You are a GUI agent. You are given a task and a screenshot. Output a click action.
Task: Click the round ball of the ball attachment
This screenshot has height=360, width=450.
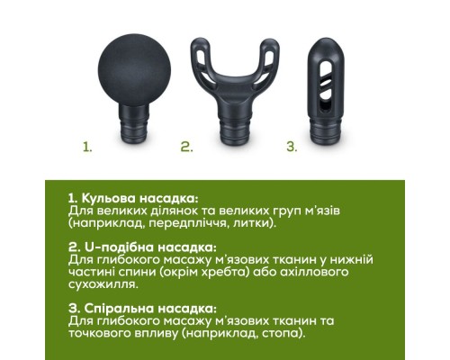click(134, 70)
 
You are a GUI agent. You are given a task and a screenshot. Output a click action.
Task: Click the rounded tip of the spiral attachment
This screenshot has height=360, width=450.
click(326, 48)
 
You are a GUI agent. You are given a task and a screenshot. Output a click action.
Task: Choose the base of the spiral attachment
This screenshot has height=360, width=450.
click(326, 132)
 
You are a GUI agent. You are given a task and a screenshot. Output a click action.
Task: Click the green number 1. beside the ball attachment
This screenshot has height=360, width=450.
click(87, 147)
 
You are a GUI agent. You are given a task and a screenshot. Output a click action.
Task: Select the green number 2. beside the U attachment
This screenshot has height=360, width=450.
click(186, 147)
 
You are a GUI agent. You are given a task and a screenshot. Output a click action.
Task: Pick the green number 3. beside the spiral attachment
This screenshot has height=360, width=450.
click(292, 147)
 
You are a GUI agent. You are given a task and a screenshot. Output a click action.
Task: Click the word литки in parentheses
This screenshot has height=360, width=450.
click(251, 224)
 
